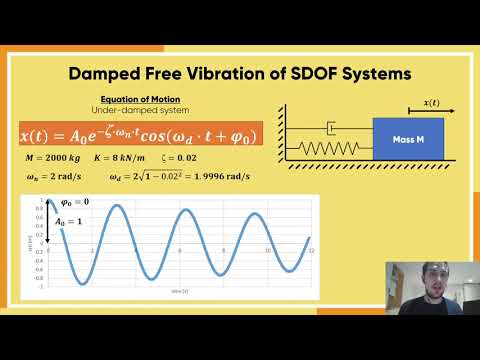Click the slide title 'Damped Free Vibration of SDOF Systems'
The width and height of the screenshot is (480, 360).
coord(240,74)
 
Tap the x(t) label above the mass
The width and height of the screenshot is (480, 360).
coord(431,103)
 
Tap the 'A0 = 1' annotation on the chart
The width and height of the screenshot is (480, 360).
coord(67,222)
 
